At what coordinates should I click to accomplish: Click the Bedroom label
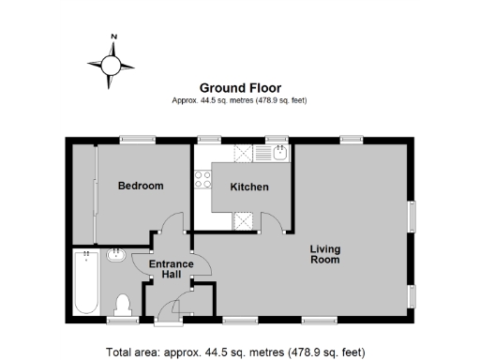[140, 186]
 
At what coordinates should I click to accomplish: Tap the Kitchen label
[249, 187]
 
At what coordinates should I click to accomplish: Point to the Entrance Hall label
[171, 269]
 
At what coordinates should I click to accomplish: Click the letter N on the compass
[113, 37]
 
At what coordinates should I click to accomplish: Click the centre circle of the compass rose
[112, 65]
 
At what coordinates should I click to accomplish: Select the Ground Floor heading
[239, 85]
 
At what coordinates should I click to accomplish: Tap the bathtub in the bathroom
[85, 281]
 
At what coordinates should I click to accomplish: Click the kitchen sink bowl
[278, 153]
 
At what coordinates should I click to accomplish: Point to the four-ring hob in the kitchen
[202, 178]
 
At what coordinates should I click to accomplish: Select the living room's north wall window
[351, 140]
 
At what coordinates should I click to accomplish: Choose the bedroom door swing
[172, 224]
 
